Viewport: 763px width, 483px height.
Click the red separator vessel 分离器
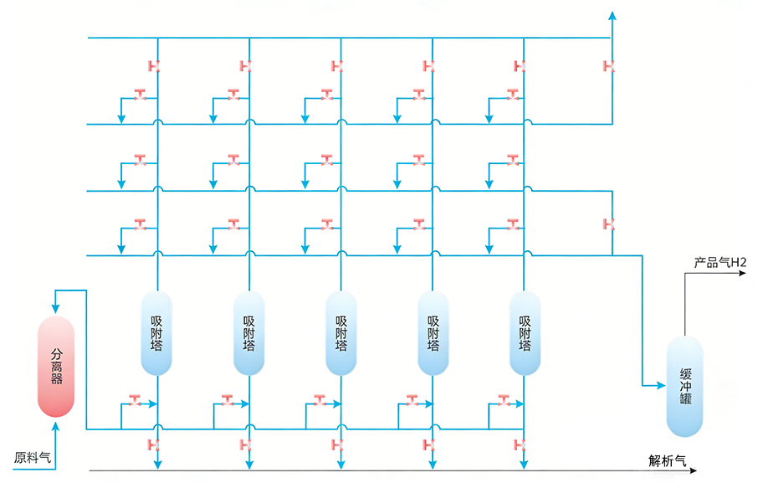pyautogui.click(x=56, y=367)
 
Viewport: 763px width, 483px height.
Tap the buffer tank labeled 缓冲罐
pyautogui.click(x=685, y=386)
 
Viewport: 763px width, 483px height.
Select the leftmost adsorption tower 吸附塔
pyautogui.click(x=156, y=332)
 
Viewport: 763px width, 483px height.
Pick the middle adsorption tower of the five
pyautogui.click(x=341, y=332)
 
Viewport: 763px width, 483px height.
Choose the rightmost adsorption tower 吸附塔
pyautogui.click(x=525, y=332)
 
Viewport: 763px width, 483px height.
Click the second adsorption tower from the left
pyautogui.click(x=248, y=332)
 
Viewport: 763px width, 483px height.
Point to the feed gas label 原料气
pyautogui.click(x=33, y=458)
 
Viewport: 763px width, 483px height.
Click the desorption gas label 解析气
pyautogui.click(x=667, y=460)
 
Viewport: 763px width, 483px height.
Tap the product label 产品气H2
pyautogui.click(x=719, y=263)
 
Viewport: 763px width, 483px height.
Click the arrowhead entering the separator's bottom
pyautogui.click(x=56, y=426)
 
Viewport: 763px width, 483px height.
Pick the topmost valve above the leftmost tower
pyautogui.click(x=153, y=66)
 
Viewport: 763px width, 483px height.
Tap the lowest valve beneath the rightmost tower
pyautogui.click(x=520, y=444)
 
